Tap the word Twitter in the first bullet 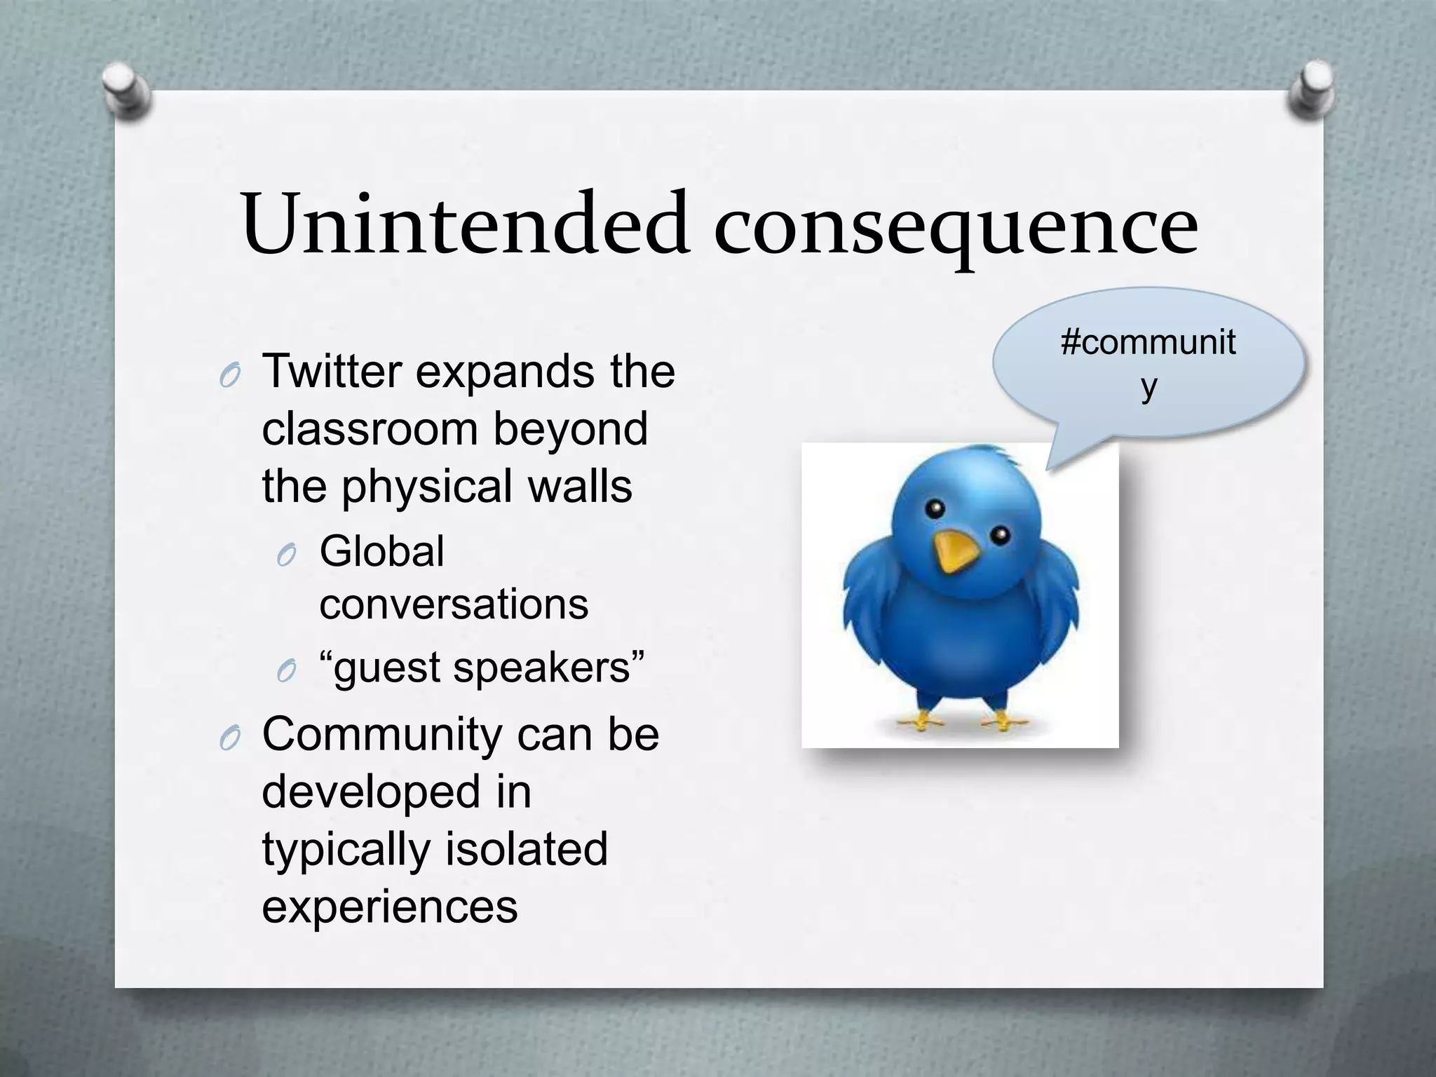[x=331, y=371]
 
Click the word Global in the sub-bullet [x=381, y=551]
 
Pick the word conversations [x=453, y=604]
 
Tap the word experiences [x=389, y=906]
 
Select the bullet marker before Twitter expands [x=229, y=377]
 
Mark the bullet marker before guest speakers [x=286, y=672]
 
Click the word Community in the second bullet [x=381, y=735]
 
